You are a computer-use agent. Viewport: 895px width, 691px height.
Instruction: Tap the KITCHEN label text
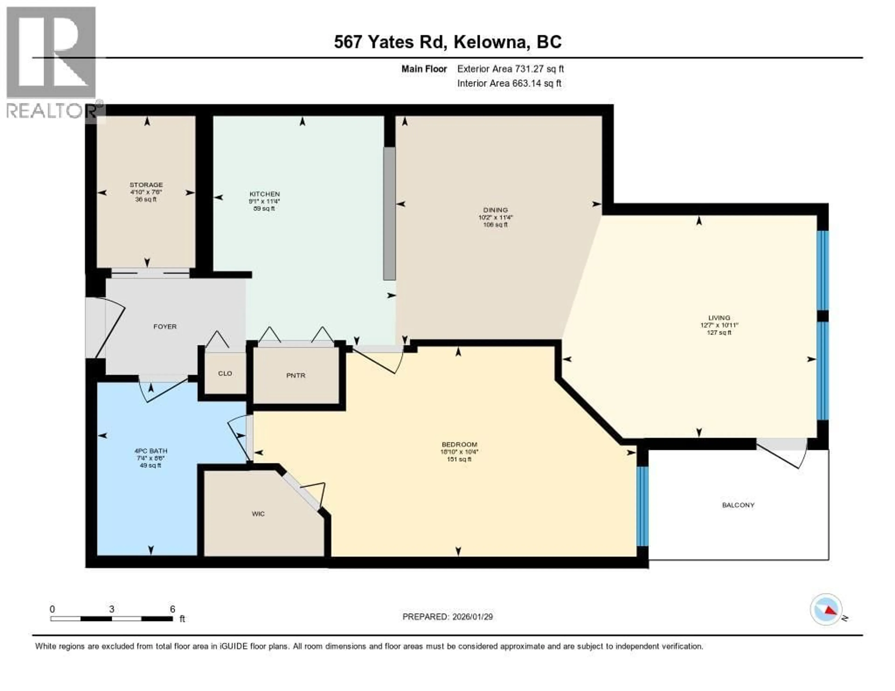[x=264, y=194]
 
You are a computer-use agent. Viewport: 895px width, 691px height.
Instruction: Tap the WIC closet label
[x=258, y=514]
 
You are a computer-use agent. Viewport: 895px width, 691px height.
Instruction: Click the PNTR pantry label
[x=296, y=375]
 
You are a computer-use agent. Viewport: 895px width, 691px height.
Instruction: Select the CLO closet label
[x=225, y=373]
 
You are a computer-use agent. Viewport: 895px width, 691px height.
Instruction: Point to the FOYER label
[x=165, y=326]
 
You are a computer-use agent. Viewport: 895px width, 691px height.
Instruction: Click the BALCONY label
[x=738, y=505]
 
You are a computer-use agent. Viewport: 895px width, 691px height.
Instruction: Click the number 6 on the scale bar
[x=172, y=609]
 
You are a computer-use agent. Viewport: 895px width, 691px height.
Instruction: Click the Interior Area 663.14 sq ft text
[x=509, y=84]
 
